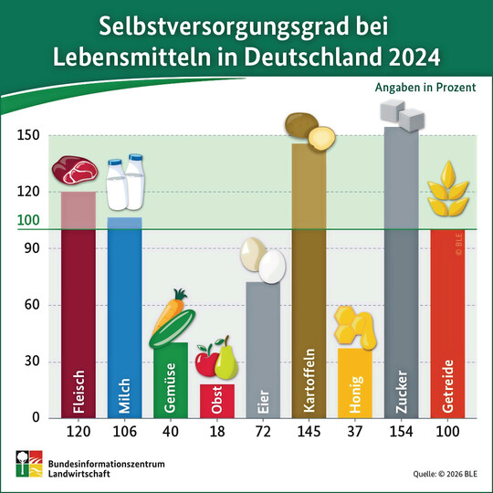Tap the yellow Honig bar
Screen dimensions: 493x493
click(x=354, y=383)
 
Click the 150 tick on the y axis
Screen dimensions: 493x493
click(x=29, y=136)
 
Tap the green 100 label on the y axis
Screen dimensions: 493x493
click(x=29, y=220)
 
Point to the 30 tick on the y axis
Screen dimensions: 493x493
click(x=33, y=362)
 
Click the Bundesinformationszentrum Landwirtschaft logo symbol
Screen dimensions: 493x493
click(x=25, y=465)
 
